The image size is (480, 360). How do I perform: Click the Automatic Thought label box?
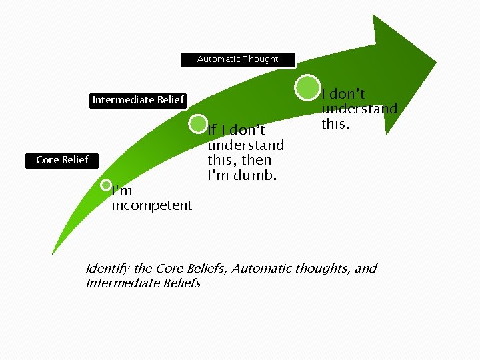[x=239, y=59]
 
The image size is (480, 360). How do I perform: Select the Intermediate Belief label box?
[x=138, y=100]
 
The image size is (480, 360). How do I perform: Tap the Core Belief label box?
[x=62, y=160]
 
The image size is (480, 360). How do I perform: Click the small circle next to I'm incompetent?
[x=106, y=185]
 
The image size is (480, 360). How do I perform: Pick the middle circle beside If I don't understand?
[x=199, y=123]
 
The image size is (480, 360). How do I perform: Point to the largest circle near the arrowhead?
[x=307, y=87]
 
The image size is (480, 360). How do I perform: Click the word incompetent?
[x=151, y=206]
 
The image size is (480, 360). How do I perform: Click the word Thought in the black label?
[x=261, y=59]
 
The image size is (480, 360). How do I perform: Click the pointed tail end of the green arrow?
[x=53, y=253]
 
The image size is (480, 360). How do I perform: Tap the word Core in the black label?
[x=47, y=160]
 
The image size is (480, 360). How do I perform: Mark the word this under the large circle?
[x=334, y=124]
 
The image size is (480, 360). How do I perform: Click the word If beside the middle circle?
[x=212, y=129]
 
